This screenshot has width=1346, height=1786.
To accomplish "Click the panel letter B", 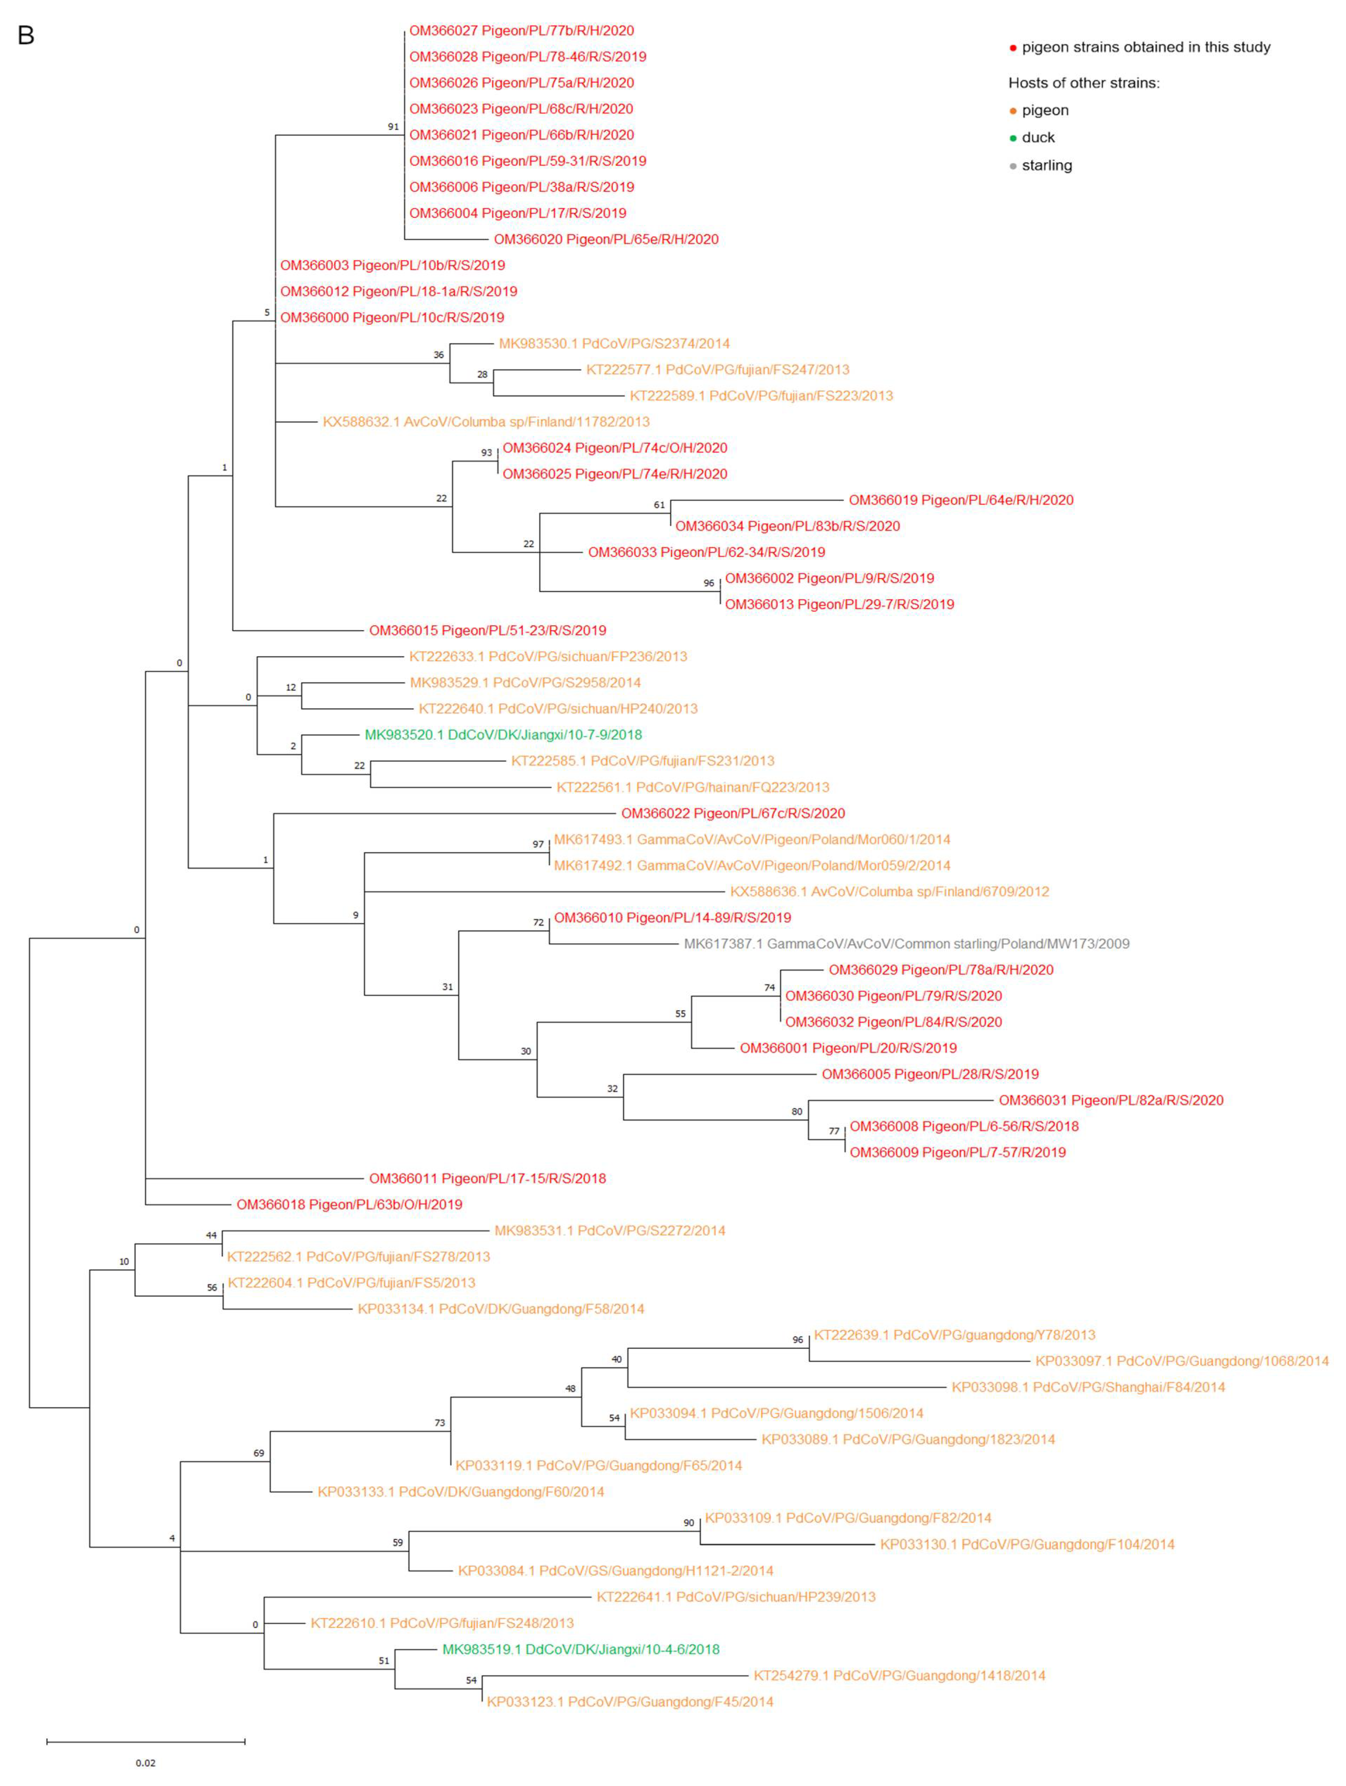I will coord(26,36).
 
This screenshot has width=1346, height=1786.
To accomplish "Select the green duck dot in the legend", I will coord(1013,138).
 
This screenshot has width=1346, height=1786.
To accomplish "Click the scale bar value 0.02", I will coord(145,1762).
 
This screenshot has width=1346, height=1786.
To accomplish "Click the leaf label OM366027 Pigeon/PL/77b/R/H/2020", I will coord(521,31).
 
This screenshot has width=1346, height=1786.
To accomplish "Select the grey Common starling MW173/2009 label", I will coord(906,944).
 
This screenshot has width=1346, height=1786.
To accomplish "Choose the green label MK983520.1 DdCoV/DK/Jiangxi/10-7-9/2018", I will coord(503,735).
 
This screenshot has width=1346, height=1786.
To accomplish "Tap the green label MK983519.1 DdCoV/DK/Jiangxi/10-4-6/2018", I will coord(580,1649).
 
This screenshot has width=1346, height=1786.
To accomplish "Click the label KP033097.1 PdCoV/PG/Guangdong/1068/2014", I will coord(1181,1361).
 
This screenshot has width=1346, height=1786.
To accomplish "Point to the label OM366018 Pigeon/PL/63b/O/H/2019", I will coord(349,1205).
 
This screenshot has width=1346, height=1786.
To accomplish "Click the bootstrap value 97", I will coord(538,845).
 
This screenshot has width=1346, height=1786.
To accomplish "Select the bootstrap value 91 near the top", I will coord(393,127).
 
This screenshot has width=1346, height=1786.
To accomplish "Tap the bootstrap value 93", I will coord(486,453).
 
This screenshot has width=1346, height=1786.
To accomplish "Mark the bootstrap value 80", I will coord(796,1112).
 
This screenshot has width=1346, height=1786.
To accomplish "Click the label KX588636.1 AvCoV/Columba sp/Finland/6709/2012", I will coord(889,892).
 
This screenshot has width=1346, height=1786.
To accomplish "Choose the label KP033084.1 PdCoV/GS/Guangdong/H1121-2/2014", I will coord(615,1571).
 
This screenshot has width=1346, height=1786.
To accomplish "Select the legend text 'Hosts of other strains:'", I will coord(1083,83).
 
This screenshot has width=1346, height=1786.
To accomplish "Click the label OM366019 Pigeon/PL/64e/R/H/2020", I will coord(961,501).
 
